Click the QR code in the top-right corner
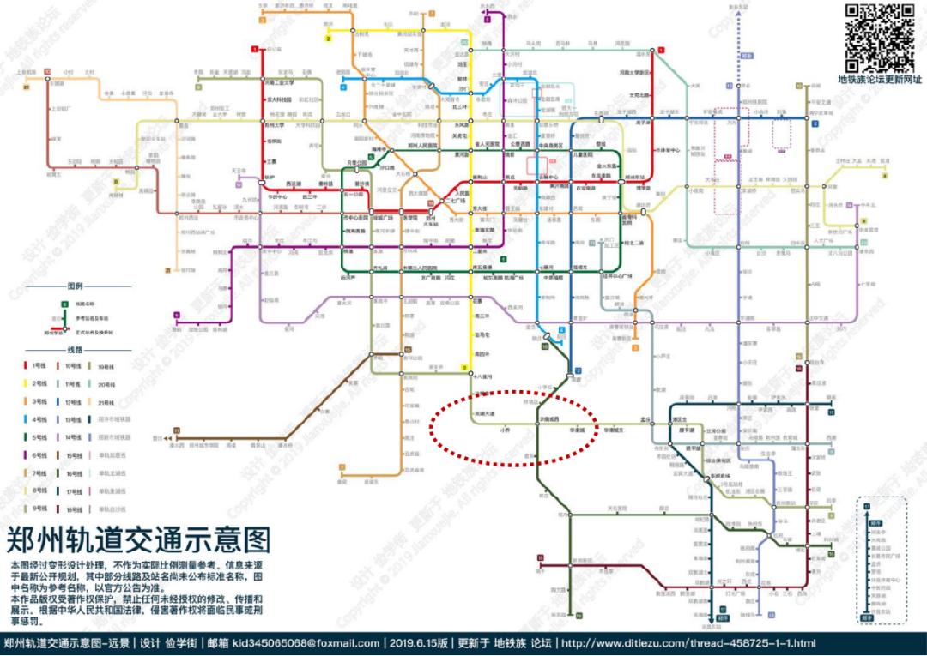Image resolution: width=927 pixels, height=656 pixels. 880,38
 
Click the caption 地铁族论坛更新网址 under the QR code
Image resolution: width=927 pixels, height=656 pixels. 880,80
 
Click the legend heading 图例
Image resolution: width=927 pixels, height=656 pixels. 75,286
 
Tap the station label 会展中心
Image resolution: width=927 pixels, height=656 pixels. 548,177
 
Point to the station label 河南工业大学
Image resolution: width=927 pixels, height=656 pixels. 279,83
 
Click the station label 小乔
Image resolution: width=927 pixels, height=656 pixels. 504,430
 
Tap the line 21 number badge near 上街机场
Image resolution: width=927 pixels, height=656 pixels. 27,87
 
